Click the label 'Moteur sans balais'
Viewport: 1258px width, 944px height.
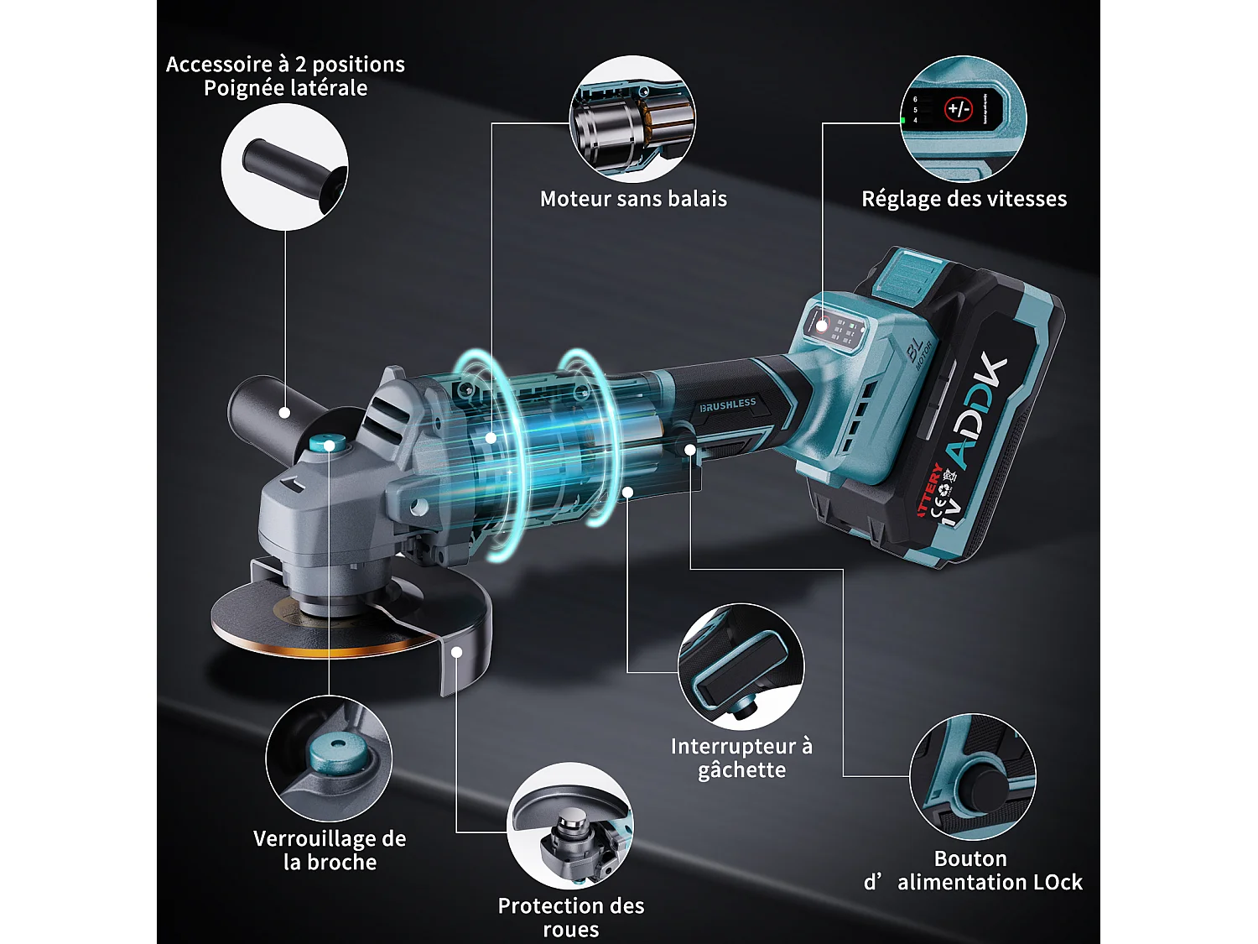click(633, 199)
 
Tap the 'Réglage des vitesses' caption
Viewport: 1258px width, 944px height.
click(964, 199)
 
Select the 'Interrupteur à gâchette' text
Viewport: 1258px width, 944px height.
click(741, 758)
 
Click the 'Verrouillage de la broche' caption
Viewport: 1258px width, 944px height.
click(330, 850)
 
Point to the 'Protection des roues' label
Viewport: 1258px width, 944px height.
click(571, 917)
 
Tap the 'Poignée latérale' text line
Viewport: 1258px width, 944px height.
click(285, 88)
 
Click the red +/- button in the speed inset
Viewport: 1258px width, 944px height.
click(958, 109)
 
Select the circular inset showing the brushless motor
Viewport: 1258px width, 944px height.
click(633, 119)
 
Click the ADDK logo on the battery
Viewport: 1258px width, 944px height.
click(978, 411)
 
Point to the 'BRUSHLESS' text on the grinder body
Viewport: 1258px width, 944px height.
click(727, 404)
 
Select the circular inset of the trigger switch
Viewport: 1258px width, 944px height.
click(741, 666)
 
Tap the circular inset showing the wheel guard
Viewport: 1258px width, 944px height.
click(570, 826)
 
